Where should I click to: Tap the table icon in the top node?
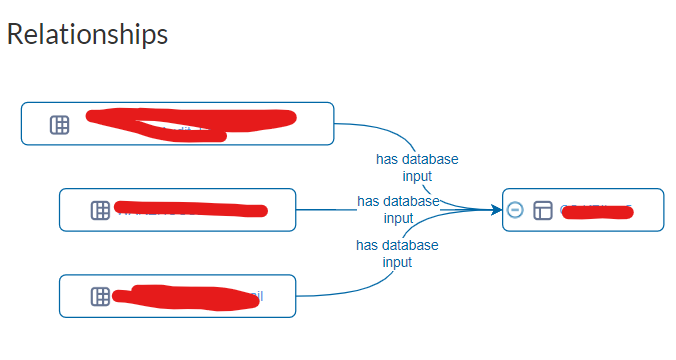tap(60, 124)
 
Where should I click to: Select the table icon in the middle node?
tap(100, 210)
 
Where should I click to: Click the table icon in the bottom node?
tap(100, 296)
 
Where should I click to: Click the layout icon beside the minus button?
tap(543, 210)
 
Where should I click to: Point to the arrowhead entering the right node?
tap(497, 210)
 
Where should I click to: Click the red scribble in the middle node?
tap(190, 209)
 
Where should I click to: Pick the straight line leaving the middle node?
tap(325, 210)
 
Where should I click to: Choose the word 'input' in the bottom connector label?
tap(397, 262)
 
